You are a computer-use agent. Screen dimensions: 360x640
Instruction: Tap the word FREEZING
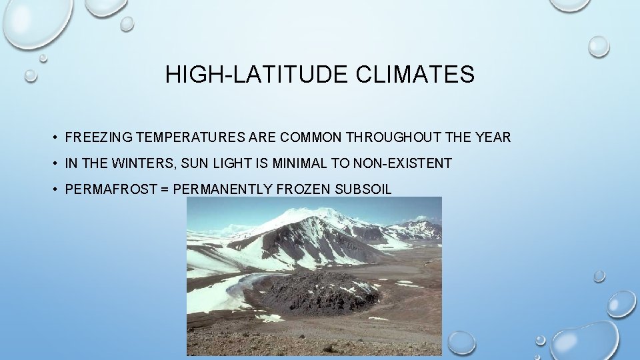pos(99,138)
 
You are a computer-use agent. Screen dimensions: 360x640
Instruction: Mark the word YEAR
pos(493,138)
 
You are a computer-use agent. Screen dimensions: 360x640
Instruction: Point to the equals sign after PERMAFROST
pos(164,189)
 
